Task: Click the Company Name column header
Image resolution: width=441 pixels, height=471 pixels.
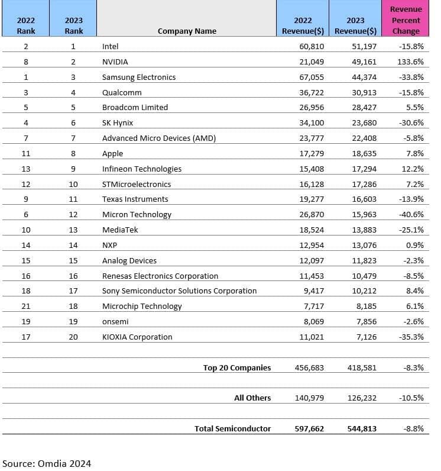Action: coord(187,31)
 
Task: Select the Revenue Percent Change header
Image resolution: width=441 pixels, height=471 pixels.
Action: coord(406,20)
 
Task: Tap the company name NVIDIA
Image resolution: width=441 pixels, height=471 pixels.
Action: coord(115,62)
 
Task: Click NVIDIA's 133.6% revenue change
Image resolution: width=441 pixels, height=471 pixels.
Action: coord(411,62)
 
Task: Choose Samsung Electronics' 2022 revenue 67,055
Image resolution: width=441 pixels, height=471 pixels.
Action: coord(312,77)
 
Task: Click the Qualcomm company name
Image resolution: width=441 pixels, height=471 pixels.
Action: coord(122,92)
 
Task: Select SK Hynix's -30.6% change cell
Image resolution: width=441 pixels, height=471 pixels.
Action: coord(411,122)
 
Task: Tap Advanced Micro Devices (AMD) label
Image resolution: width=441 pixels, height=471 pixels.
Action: coord(159,138)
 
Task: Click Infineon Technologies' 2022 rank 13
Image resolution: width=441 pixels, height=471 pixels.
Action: coord(25,169)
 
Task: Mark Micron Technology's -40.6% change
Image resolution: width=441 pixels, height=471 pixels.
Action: coord(411,214)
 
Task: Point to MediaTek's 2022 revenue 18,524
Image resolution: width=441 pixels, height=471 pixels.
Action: coord(312,230)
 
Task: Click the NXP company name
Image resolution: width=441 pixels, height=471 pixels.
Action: coord(110,245)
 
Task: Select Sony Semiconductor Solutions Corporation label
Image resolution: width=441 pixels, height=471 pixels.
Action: coord(179,291)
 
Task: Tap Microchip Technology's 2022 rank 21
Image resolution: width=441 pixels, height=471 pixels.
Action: coord(25,306)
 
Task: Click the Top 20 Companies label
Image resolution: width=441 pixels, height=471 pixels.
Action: coord(236,367)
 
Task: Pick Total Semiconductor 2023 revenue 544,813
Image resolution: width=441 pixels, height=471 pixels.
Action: coord(361,428)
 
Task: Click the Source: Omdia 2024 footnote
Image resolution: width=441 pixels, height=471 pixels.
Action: coord(47,463)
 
